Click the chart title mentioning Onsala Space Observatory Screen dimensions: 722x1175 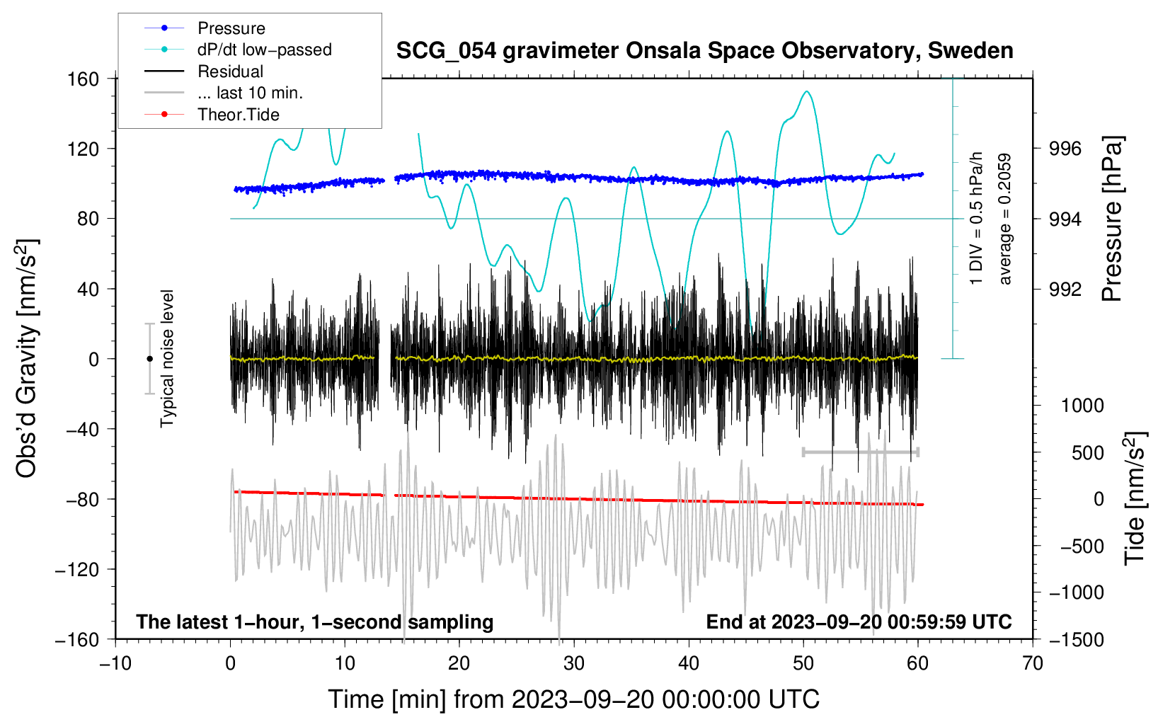click(704, 51)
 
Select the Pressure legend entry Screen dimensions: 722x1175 click(231, 28)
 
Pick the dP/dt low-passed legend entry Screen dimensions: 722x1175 click(264, 50)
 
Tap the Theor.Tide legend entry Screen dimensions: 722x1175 click(238, 115)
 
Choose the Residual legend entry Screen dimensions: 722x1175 click(230, 71)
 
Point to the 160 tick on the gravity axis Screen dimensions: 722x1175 click(84, 79)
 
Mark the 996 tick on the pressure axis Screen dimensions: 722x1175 click(1065, 149)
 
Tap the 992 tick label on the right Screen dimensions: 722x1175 click(1065, 289)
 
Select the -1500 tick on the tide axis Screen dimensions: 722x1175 click(1076, 639)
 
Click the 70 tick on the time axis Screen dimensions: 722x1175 click(1033, 663)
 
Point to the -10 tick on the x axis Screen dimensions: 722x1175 click(115, 663)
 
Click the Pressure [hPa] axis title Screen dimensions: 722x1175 click(1113, 219)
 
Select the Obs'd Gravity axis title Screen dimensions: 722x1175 click(27, 358)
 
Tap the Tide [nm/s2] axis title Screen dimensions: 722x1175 click(1135, 498)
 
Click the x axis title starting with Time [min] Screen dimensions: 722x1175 click(573, 699)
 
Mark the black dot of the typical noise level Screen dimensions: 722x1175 click(149, 359)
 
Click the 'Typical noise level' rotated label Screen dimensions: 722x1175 click(167, 358)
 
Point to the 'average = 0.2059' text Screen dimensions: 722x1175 click(1005, 219)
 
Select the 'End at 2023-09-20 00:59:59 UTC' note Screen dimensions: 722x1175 click(859, 621)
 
